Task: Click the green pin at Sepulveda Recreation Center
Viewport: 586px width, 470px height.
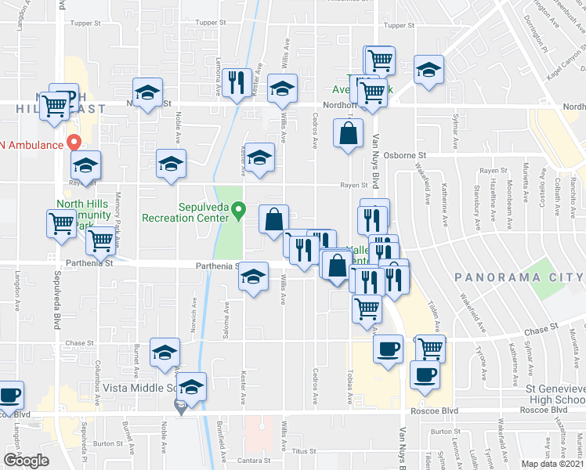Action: click(x=242, y=210)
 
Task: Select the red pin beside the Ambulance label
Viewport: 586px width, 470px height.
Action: click(x=74, y=143)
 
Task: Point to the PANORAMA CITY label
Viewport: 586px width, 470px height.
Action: click(x=519, y=277)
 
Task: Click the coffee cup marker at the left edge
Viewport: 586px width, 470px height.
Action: click(x=9, y=395)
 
